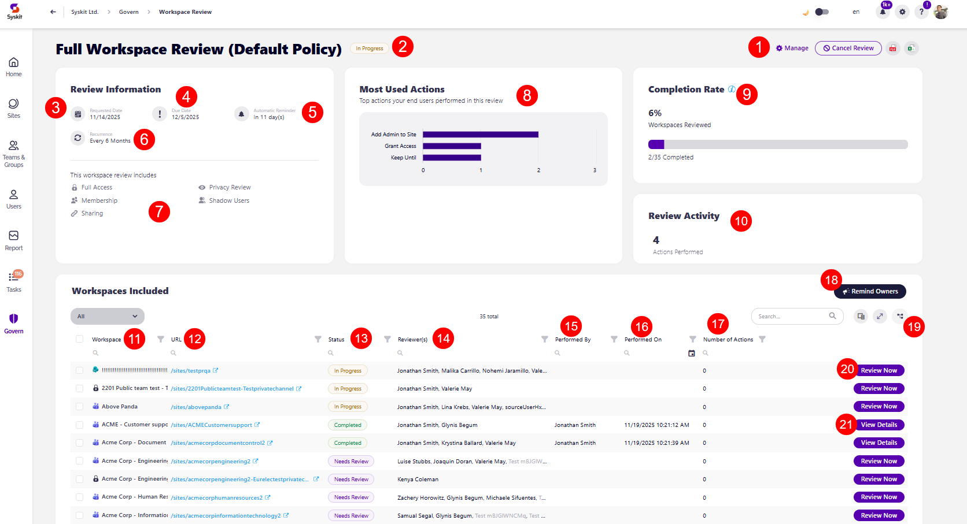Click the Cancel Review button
[848, 48]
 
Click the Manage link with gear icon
[792, 48]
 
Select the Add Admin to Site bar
[480, 135]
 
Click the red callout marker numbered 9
[747, 94]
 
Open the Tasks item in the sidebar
[14, 281]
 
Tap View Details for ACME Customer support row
[879, 425]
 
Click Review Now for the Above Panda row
[879, 407]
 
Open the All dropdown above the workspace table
[108, 316]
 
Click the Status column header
[336, 340]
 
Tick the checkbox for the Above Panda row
[79, 407]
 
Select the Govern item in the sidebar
[14, 323]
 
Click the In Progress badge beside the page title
[369, 49]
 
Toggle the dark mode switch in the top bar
[821, 12]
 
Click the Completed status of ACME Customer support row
[348, 425]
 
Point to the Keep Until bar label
[403, 158]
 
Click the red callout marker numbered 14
[443, 339]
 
